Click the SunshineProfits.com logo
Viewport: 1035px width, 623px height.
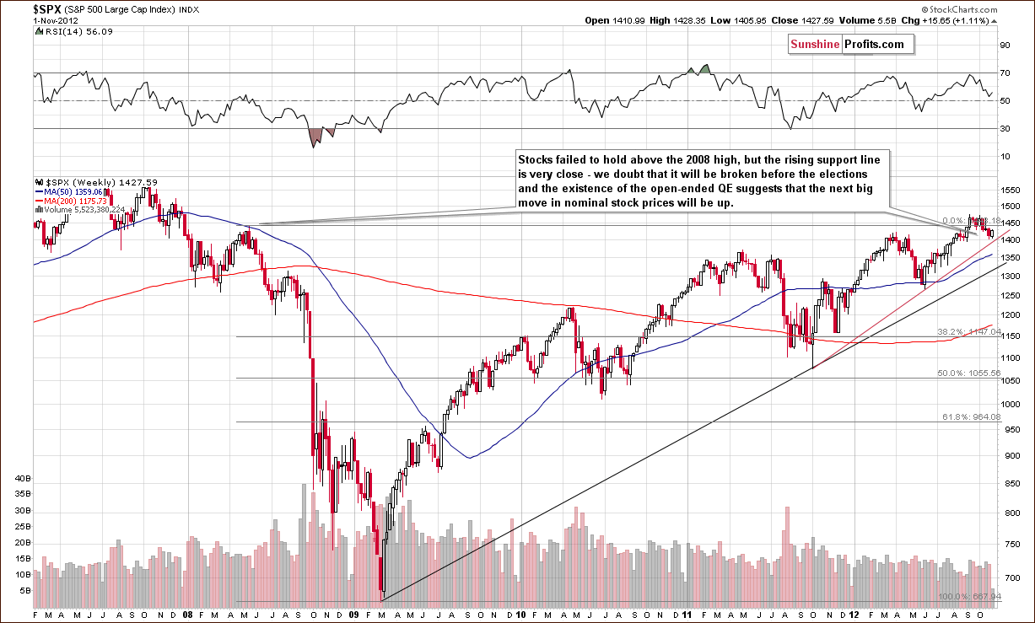[845, 44]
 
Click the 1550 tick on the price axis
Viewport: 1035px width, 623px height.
[1008, 191]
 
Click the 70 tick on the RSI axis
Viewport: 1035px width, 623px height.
[1005, 73]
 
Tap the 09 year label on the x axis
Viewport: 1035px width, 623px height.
[353, 615]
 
